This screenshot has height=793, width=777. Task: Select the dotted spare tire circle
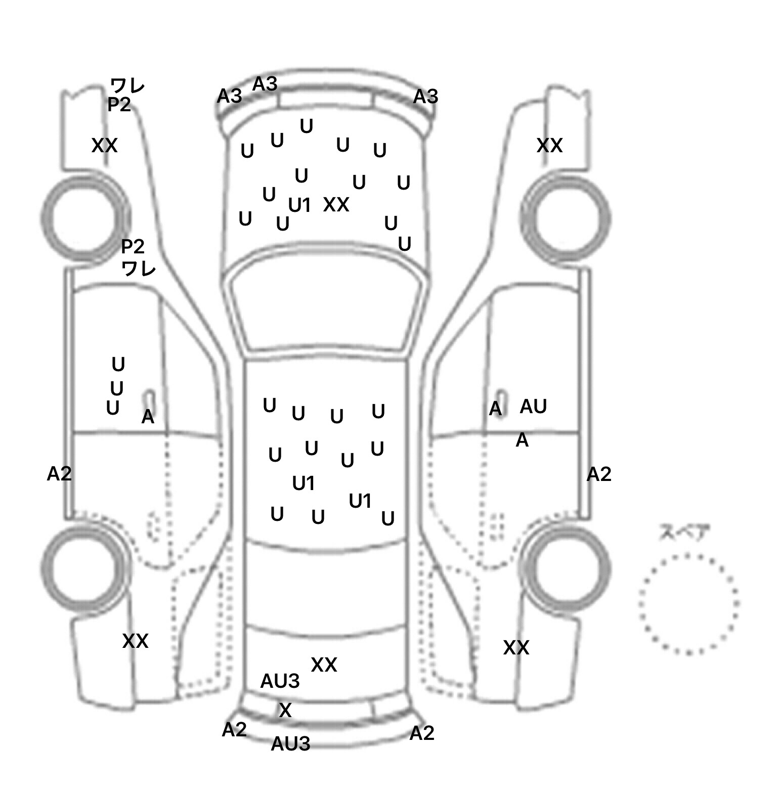coord(688,603)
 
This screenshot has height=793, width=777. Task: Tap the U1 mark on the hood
coord(299,205)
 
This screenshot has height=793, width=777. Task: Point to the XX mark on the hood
coord(336,205)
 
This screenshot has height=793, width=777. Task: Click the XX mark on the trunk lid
coord(324,665)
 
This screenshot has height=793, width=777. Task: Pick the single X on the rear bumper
coord(285,711)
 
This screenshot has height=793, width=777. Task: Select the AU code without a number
coord(533,406)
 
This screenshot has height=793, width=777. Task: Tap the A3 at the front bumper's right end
coord(425,97)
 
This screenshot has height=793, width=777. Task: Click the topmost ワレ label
coord(128,85)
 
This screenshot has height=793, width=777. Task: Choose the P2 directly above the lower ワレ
coord(133,247)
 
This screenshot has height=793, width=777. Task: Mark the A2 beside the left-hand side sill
coord(59,474)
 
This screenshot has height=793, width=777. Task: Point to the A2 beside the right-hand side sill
coord(599,474)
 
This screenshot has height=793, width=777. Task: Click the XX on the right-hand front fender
coord(549,146)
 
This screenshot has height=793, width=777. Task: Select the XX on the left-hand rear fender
coord(135,641)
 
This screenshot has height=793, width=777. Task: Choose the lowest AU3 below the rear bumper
coord(290,744)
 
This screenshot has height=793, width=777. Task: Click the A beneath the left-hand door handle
coord(148,417)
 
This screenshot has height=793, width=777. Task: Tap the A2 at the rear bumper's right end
coord(422,733)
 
